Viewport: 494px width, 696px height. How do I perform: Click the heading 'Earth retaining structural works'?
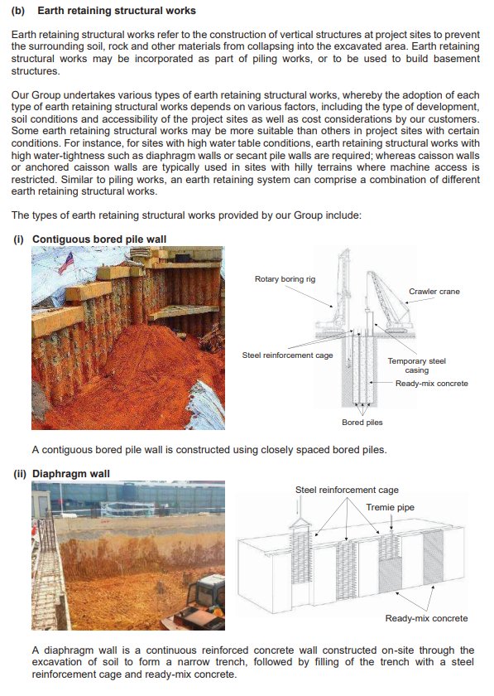click(117, 11)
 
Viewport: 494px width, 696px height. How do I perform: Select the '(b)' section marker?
click(20, 11)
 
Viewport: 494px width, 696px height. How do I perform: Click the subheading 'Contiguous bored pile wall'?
click(99, 239)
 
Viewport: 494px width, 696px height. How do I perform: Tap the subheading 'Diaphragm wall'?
click(71, 474)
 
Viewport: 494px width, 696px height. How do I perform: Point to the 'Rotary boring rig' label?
click(285, 279)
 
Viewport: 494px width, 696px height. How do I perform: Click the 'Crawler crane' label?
click(434, 292)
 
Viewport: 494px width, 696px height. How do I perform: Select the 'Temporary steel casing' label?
click(416, 365)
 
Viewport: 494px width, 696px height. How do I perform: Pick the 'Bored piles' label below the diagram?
click(362, 422)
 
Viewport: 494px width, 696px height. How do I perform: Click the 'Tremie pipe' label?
click(390, 506)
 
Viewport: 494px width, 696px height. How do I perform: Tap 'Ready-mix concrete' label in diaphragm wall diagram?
click(425, 618)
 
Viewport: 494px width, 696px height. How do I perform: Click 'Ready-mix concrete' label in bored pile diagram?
click(431, 383)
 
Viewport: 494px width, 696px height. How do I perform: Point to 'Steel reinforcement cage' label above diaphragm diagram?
click(346, 490)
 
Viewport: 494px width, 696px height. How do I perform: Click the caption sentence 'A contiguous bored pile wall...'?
click(209, 450)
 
